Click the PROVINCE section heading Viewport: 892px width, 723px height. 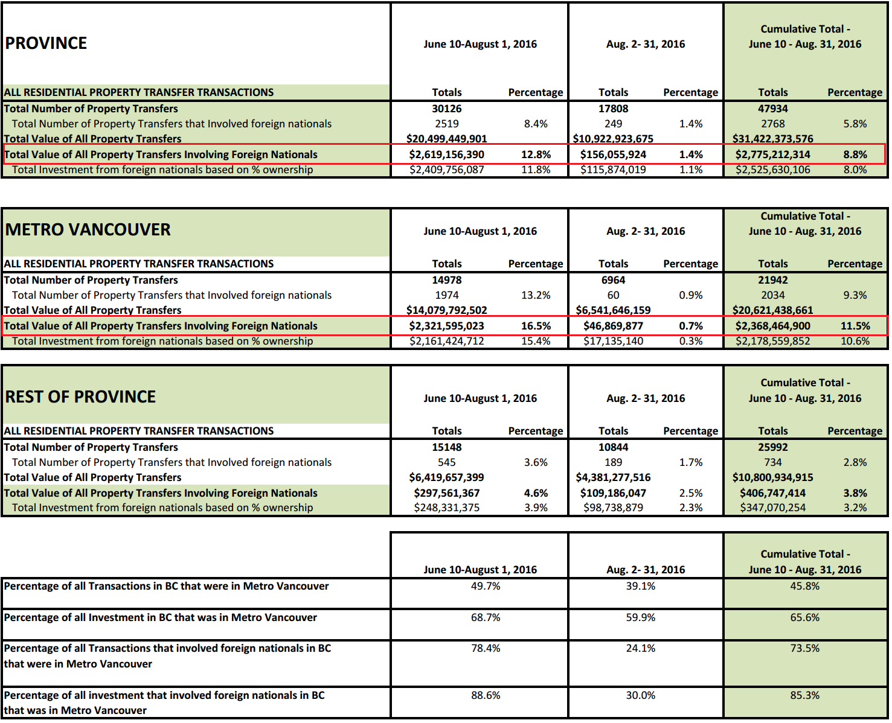click(x=46, y=43)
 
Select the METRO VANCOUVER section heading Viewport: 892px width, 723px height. click(x=88, y=230)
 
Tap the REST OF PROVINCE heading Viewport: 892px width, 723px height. click(x=80, y=397)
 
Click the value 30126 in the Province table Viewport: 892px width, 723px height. click(x=446, y=109)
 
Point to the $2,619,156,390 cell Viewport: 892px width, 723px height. click(x=446, y=154)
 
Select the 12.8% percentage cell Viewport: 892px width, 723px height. click(x=536, y=154)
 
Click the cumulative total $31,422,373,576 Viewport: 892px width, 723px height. click(x=772, y=139)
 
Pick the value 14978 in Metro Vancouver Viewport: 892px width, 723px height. click(x=446, y=280)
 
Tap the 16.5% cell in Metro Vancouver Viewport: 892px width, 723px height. click(x=536, y=326)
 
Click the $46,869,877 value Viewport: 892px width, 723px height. click(x=613, y=326)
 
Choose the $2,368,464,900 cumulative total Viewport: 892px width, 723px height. click(x=772, y=326)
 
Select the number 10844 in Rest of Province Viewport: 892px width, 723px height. click(x=613, y=447)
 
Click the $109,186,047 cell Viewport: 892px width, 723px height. click(x=613, y=493)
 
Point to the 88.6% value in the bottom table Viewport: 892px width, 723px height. click(x=486, y=695)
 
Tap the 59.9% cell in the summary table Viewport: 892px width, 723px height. click(x=640, y=617)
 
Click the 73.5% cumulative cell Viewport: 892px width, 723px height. click(x=804, y=648)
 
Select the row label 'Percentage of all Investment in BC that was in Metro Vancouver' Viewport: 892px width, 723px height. click(x=160, y=617)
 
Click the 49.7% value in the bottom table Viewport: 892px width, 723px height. click(x=486, y=586)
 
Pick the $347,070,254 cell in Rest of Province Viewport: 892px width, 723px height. click(x=772, y=508)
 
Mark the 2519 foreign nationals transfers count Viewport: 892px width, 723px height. click(x=446, y=124)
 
